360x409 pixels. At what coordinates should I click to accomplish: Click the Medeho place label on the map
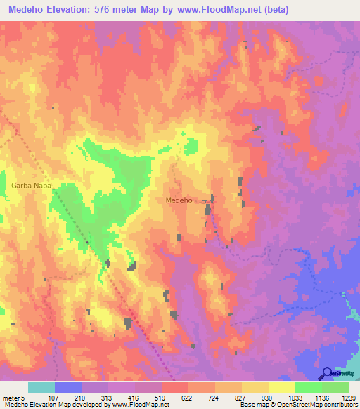179,200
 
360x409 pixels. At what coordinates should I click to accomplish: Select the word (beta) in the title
272,11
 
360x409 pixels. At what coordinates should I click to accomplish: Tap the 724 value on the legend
214,398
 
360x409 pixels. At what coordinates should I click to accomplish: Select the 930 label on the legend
267,398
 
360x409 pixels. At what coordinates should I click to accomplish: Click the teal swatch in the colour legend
41,387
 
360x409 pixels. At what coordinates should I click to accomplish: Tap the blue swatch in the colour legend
67,387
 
